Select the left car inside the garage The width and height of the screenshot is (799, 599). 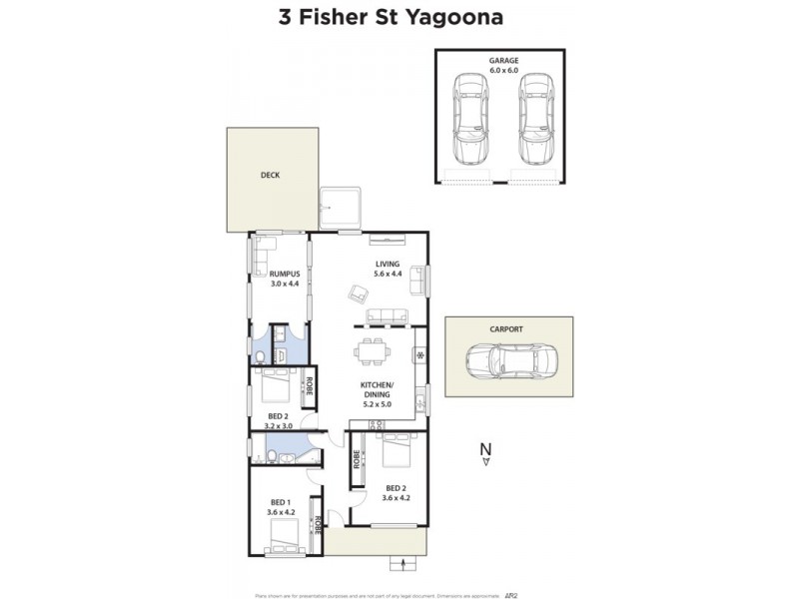coord(470,120)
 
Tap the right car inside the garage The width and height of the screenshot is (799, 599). coord(535,120)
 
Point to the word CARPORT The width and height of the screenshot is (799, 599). coord(508,328)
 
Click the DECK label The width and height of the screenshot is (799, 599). coord(270,175)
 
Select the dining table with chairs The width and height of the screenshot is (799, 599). coord(372,352)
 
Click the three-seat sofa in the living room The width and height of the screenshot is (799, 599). coord(387,315)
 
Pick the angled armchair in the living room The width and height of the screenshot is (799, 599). coord(358,294)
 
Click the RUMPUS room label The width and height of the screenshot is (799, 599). coord(285,275)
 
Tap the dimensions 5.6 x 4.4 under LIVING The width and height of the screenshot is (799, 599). coord(387,274)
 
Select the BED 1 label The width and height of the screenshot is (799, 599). coord(280,502)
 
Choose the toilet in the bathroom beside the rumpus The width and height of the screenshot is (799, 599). coord(260,355)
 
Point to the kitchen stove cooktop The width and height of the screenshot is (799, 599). coord(421,355)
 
